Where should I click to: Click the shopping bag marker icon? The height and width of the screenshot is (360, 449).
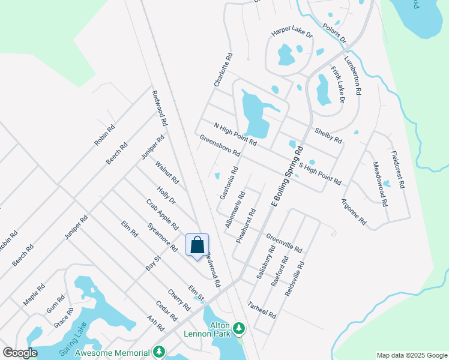click(197, 245)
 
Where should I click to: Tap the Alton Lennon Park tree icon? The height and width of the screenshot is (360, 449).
click(240, 328)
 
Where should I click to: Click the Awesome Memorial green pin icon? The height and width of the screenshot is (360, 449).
click(159, 351)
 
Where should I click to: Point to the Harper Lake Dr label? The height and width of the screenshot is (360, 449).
click(292, 34)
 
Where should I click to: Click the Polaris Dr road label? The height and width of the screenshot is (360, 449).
click(334, 34)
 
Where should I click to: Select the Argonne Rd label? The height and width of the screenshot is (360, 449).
click(354, 211)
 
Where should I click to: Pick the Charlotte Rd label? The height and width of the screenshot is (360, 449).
click(223, 70)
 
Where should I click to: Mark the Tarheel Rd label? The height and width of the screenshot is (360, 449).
click(262, 310)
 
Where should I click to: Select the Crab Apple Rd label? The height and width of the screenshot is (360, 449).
click(162, 214)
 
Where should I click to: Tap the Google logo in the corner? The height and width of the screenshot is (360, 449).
click(20, 353)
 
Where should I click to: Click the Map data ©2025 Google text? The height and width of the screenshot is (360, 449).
click(411, 355)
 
